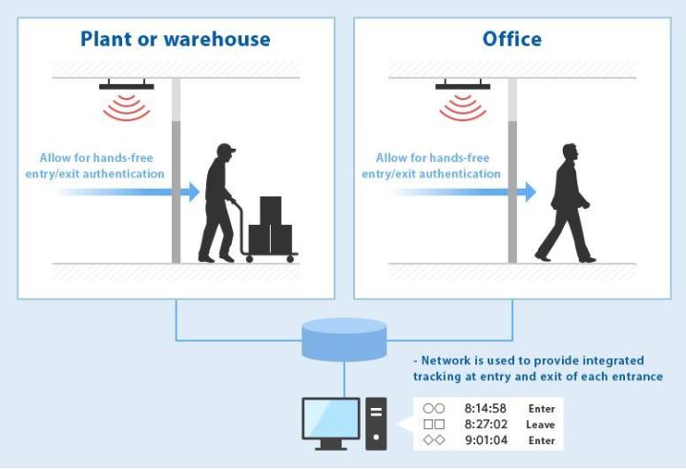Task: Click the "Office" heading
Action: (x=512, y=39)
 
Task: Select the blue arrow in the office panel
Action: (x=526, y=192)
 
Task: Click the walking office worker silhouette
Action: (x=566, y=203)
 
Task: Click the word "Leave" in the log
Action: (x=540, y=424)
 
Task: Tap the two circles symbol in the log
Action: (x=434, y=409)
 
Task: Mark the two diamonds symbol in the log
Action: (x=434, y=439)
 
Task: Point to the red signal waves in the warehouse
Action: (x=127, y=109)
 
